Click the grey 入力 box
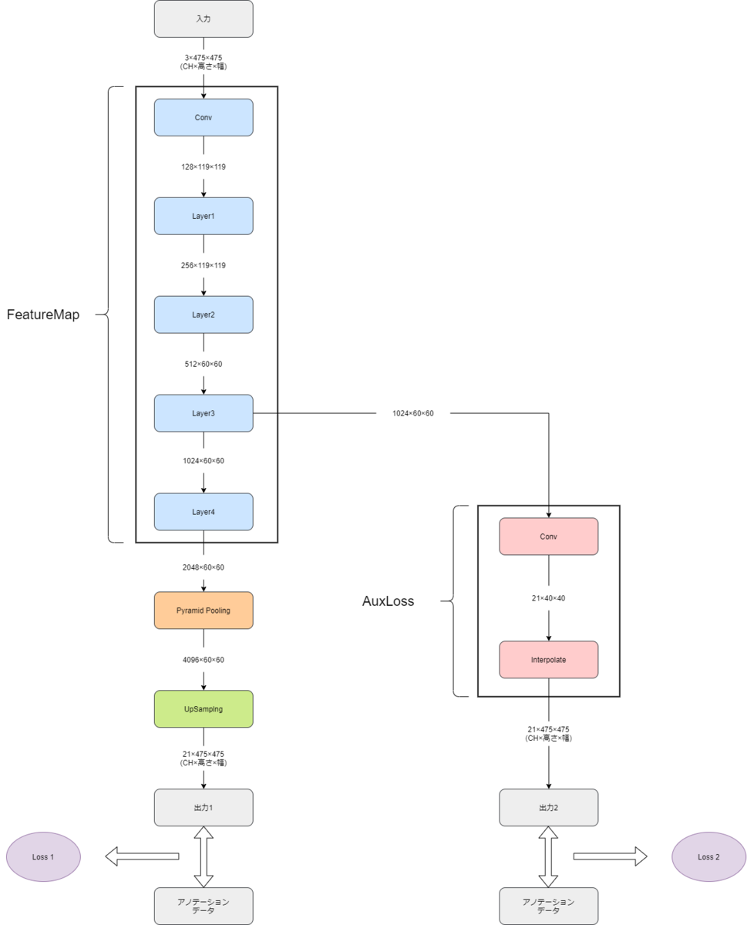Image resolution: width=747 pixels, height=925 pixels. (204, 18)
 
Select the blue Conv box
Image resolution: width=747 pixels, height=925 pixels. (204, 117)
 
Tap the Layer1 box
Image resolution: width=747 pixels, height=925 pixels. (204, 216)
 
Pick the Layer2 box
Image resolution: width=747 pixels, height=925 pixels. (204, 314)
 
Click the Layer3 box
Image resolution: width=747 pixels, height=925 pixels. (204, 413)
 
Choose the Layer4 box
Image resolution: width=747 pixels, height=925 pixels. (204, 512)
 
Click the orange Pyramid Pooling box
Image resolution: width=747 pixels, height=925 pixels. (204, 610)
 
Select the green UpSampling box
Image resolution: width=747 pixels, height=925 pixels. (204, 708)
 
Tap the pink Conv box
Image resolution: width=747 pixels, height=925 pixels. (549, 536)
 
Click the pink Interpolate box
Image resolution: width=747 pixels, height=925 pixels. (549, 660)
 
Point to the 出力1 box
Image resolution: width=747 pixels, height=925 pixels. (204, 807)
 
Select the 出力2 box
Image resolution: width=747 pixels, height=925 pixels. (549, 807)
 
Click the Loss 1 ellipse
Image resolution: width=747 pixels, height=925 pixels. (43, 857)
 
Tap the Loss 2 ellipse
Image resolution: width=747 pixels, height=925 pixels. (708, 857)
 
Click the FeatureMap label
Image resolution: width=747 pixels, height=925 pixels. (43, 314)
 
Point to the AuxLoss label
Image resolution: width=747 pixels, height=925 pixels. (389, 601)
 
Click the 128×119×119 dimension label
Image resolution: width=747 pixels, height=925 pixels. (204, 166)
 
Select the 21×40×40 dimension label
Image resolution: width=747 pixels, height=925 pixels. (549, 598)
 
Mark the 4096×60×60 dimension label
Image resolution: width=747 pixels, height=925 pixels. (204, 660)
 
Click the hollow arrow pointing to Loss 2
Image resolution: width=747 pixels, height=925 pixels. (611, 856)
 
